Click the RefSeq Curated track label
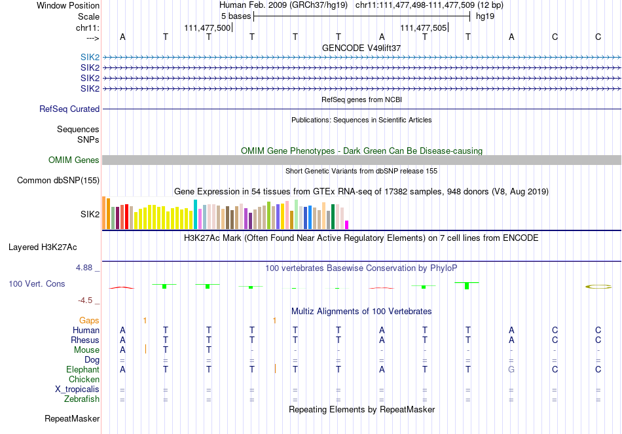point(69,109)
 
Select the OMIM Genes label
point(74,160)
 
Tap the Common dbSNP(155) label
point(58,181)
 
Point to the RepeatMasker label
point(72,418)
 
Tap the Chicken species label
point(84,380)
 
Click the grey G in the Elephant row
point(512,370)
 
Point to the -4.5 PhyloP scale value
point(88,300)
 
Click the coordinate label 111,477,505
point(423,28)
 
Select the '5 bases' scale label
point(236,16)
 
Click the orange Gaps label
point(89,320)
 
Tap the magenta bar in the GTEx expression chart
point(347,225)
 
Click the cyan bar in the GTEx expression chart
point(196,215)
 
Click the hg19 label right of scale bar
point(485,16)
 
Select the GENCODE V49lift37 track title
point(361,48)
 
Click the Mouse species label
point(86,350)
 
